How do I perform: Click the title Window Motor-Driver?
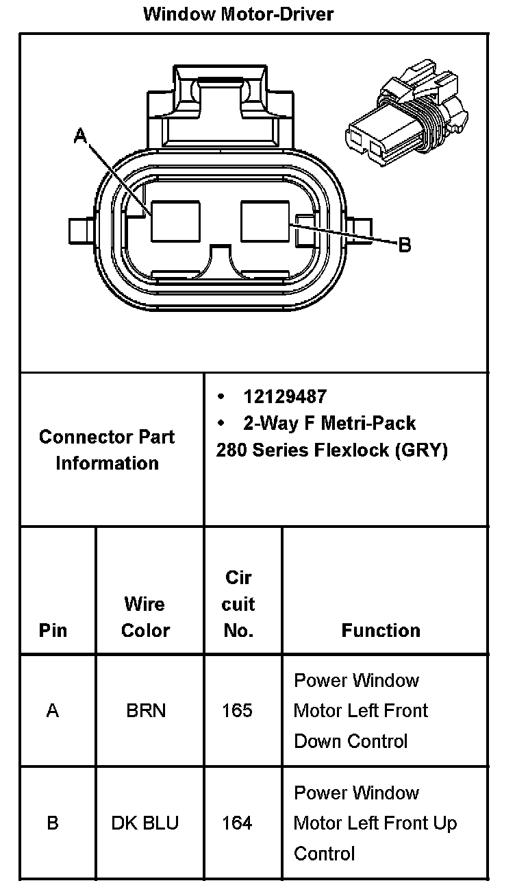(238, 14)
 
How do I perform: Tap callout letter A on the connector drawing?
(81, 137)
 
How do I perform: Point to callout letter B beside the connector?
(405, 245)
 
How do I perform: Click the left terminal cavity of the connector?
(176, 221)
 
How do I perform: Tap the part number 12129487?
(285, 396)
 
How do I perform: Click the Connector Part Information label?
(107, 450)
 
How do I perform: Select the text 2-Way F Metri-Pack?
(329, 423)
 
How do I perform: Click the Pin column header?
(53, 630)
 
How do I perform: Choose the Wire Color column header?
(145, 617)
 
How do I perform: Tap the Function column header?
(381, 630)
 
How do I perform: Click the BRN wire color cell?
(146, 711)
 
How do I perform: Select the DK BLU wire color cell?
(145, 823)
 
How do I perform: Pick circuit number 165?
(237, 711)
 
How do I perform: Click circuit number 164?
(237, 823)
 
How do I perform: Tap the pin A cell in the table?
(53, 711)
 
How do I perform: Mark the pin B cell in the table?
(53, 823)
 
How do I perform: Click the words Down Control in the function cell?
(351, 741)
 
